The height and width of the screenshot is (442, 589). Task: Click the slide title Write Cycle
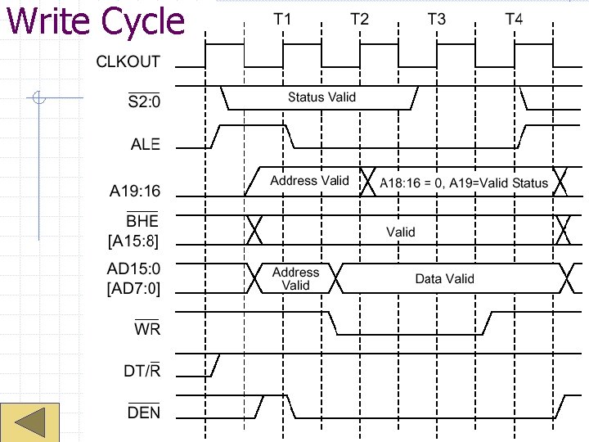(95, 21)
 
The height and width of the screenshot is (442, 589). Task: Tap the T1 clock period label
(283, 19)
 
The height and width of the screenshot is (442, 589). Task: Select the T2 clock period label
(359, 19)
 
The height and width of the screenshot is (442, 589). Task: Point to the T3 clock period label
(437, 19)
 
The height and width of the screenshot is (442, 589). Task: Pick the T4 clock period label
(513, 19)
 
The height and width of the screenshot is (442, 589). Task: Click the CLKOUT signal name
(128, 61)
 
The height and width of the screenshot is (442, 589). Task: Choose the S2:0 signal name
(144, 102)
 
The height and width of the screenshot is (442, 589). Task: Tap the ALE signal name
(146, 144)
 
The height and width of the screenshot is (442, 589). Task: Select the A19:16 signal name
(135, 192)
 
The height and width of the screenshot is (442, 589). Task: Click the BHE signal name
(142, 222)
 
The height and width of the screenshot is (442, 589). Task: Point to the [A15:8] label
(133, 241)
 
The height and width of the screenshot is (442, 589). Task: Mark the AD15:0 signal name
(134, 268)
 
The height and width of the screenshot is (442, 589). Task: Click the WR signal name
(147, 329)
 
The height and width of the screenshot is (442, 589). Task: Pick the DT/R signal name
(142, 372)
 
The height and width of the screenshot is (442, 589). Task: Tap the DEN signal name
(144, 413)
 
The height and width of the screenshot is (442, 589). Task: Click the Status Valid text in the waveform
(321, 97)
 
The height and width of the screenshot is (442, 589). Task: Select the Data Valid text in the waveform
(444, 279)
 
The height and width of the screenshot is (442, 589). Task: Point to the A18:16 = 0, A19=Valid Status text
(464, 183)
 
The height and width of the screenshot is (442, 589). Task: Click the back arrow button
(30, 422)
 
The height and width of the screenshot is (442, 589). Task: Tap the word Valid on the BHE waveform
(401, 232)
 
